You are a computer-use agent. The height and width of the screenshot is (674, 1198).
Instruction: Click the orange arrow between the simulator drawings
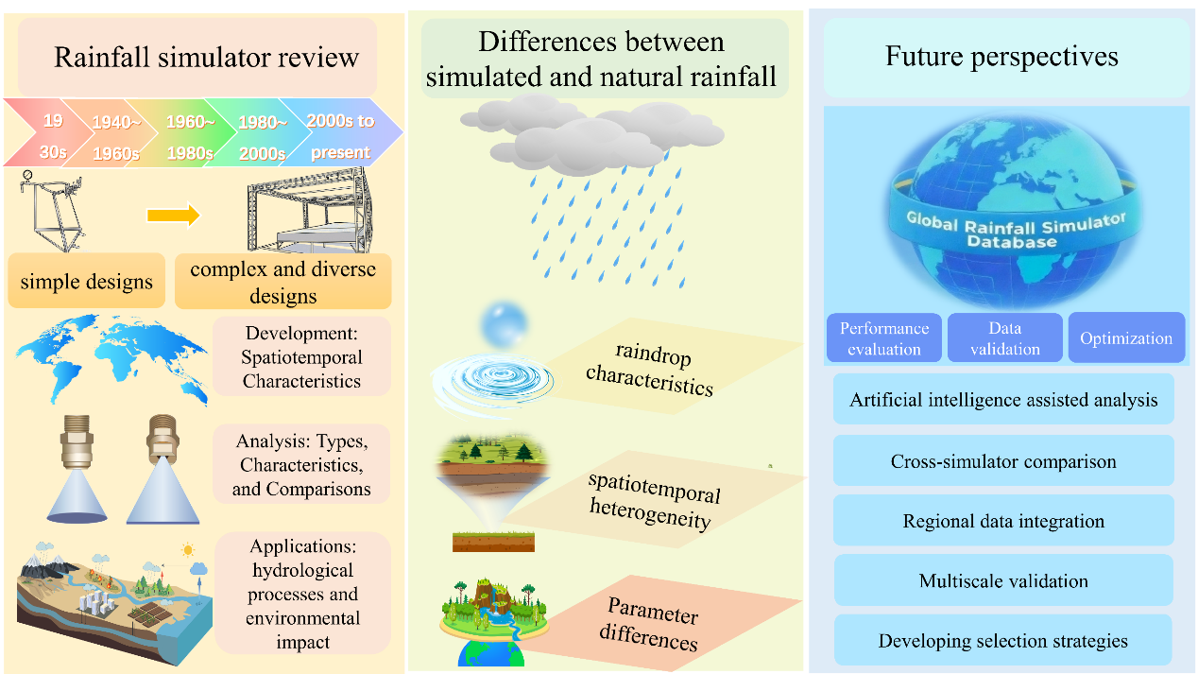(x=174, y=216)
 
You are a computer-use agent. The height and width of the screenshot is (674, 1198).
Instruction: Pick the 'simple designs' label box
(x=87, y=280)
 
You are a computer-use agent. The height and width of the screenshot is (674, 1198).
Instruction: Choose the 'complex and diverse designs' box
(x=282, y=282)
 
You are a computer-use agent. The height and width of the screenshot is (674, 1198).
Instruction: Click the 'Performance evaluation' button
(x=884, y=337)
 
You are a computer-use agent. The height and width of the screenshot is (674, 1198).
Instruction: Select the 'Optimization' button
(x=1125, y=337)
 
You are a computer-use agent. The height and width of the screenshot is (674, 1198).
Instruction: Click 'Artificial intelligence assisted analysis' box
(x=1002, y=399)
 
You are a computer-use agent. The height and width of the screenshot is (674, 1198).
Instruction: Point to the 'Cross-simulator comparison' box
(x=1002, y=461)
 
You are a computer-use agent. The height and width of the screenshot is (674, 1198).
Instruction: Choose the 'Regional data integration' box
(x=1002, y=521)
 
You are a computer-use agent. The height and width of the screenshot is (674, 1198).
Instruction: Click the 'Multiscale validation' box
(x=1002, y=580)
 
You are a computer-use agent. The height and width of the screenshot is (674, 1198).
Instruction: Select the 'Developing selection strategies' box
(x=1002, y=641)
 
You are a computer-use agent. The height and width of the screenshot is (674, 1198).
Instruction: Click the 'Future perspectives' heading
(x=1001, y=57)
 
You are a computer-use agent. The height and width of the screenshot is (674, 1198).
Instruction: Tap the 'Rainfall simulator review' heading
(x=206, y=57)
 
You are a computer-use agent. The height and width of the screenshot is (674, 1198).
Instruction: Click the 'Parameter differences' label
(x=653, y=627)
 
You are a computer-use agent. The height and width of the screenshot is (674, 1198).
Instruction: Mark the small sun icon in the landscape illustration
(x=187, y=548)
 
